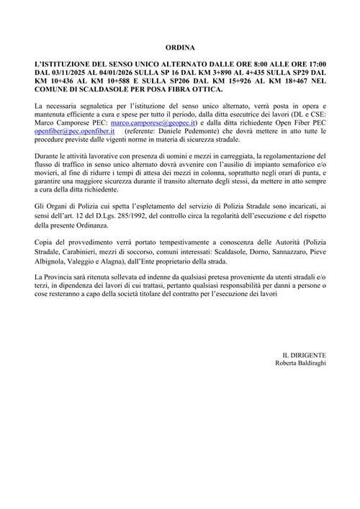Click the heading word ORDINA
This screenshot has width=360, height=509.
click(x=180, y=48)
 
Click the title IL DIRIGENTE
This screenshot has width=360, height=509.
click(x=305, y=354)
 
